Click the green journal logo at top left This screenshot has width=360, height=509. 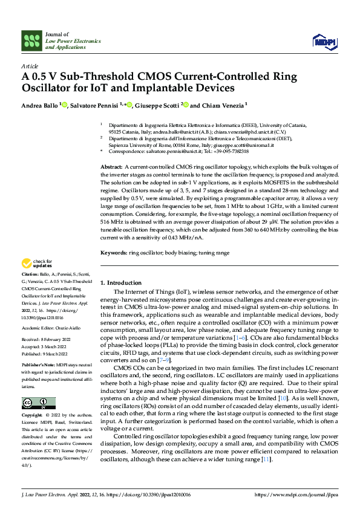32,41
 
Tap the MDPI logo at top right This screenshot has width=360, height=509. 323,41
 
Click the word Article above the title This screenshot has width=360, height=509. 30,66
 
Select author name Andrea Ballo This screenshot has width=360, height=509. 40,105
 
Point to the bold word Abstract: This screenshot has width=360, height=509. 111,166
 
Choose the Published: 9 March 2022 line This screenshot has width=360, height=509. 47,354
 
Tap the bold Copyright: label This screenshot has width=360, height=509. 33,416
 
